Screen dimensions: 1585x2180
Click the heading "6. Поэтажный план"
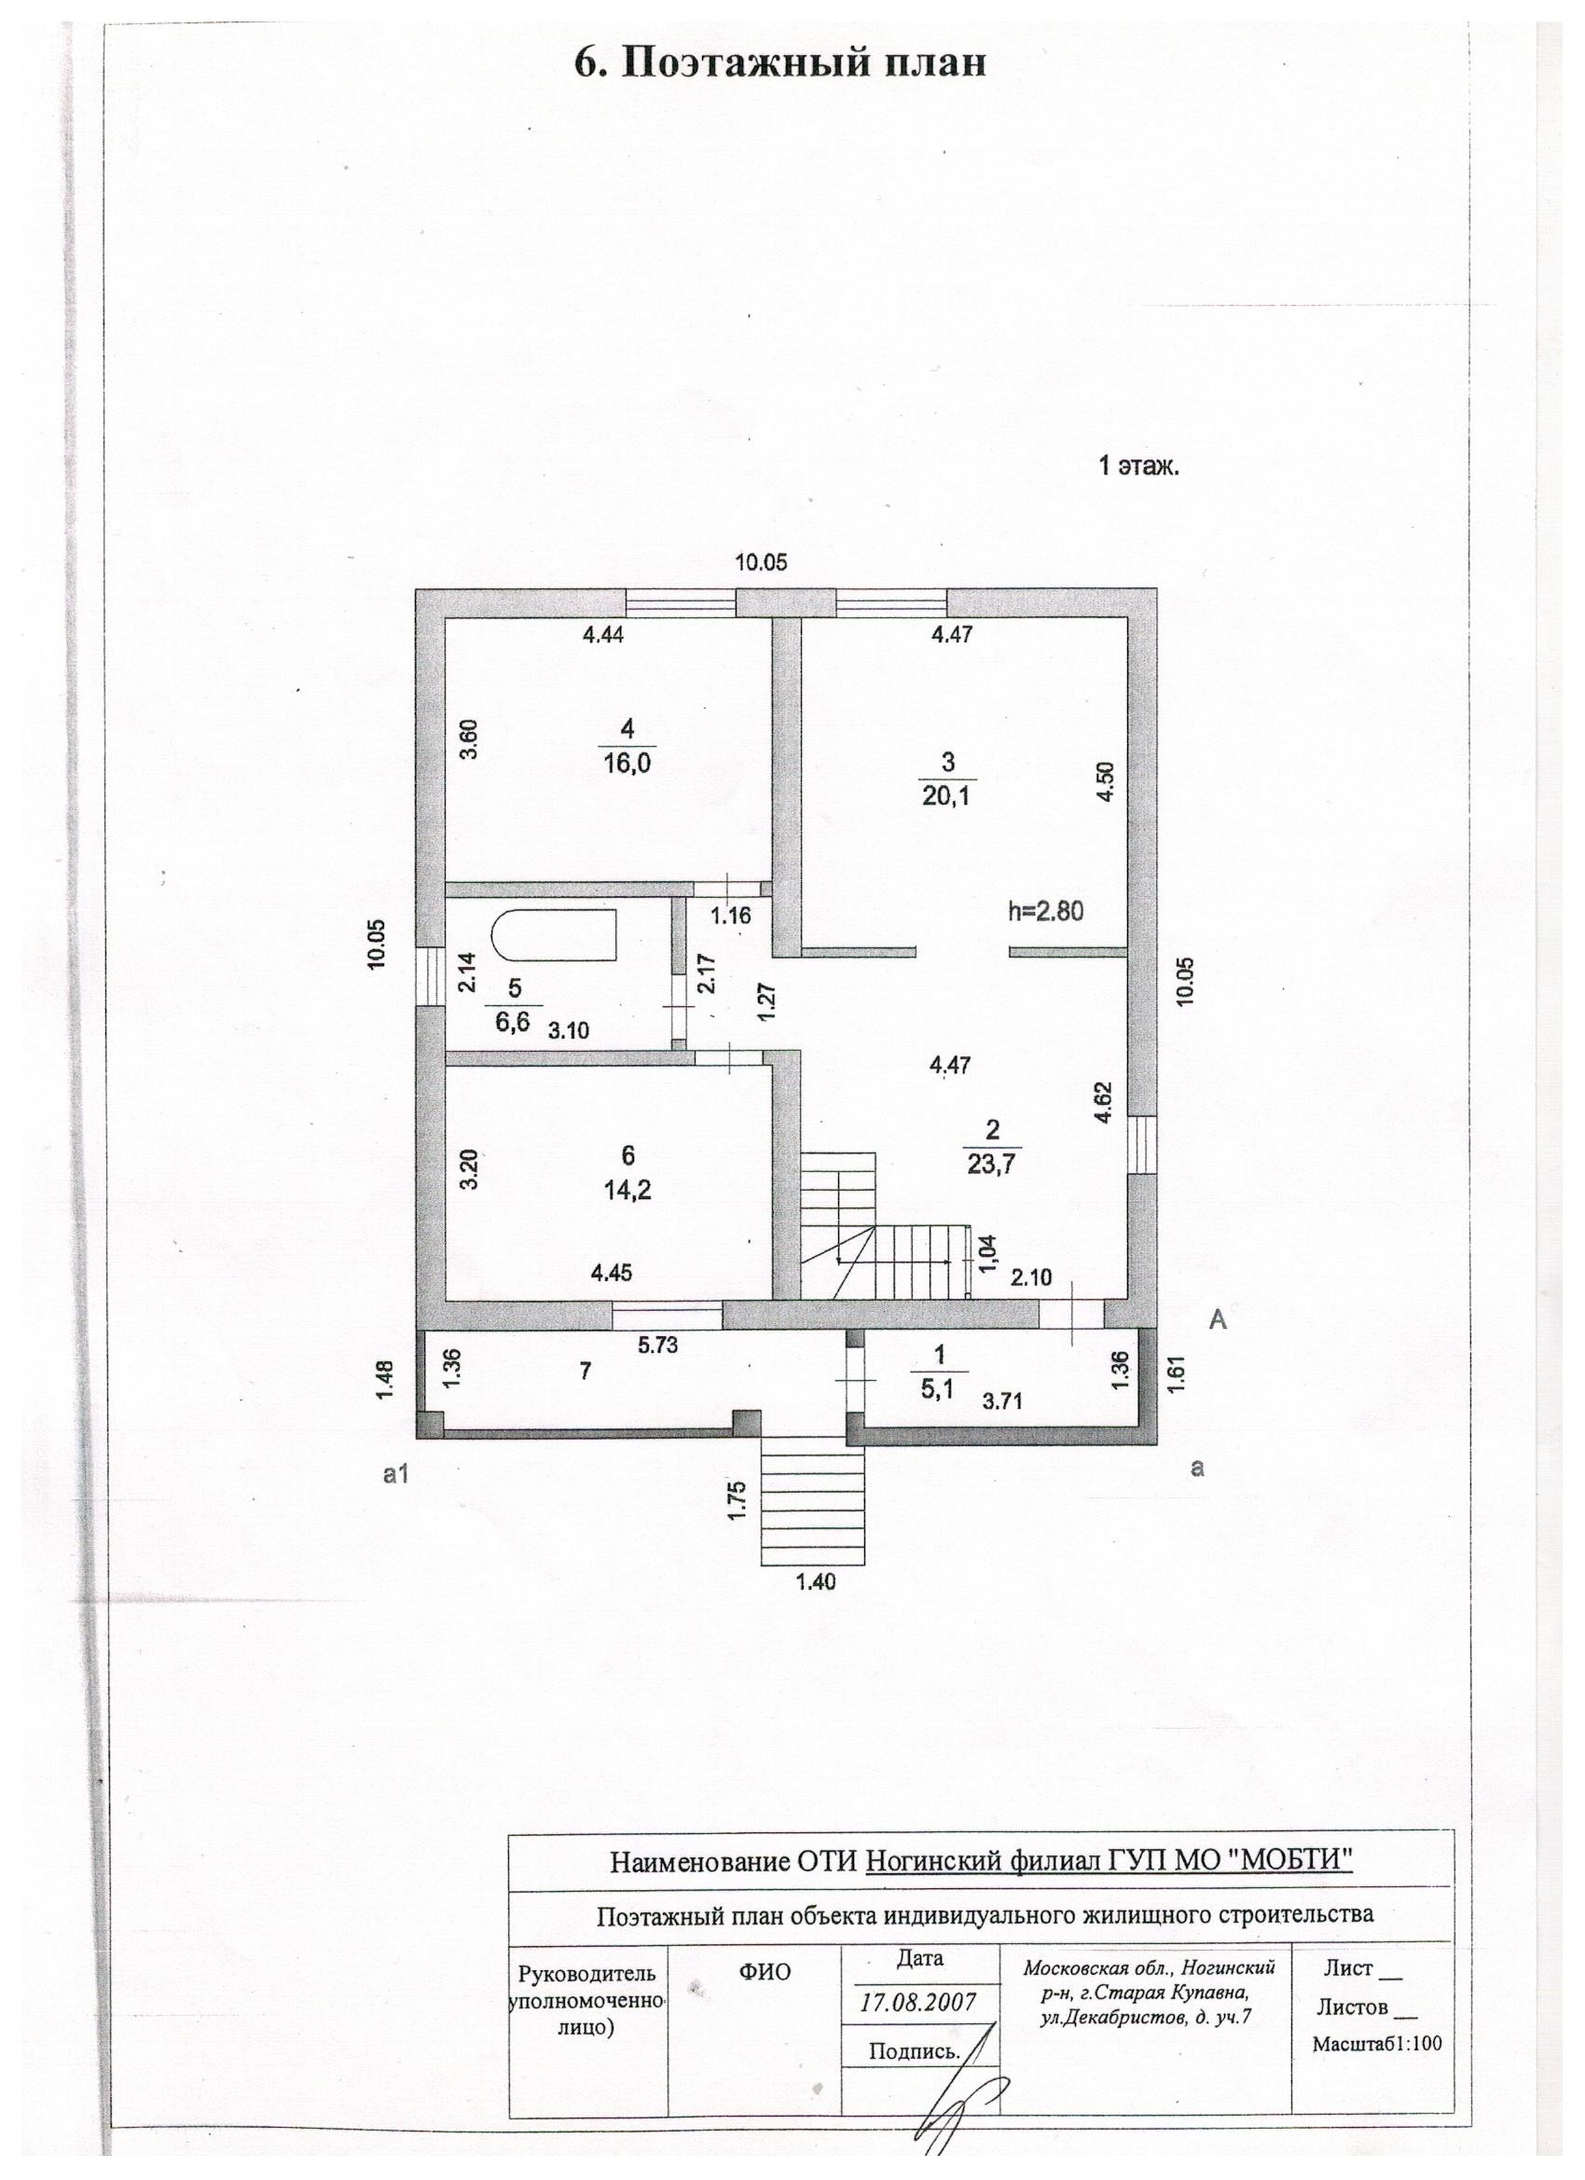pyautogui.click(x=779, y=63)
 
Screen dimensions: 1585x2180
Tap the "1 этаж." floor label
pyautogui.click(x=1138, y=468)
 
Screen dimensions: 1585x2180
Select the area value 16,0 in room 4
pyautogui.click(x=627, y=762)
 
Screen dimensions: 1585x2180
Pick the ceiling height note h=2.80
pyautogui.click(x=1045, y=911)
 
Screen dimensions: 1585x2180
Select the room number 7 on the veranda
pyautogui.click(x=584, y=1372)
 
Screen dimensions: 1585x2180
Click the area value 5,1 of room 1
pyautogui.click(x=939, y=1387)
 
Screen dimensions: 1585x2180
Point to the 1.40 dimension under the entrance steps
pyautogui.click(x=815, y=1581)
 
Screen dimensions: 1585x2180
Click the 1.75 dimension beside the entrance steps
pyautogui.click(x=737, y=1500)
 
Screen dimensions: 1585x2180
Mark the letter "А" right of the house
pyautogui.click(x=1217, y=1319)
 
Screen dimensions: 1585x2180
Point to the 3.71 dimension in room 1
pyautogui.click(x=1000, y=1401)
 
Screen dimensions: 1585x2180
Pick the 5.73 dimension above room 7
pyautogui.click(x=657, y=1345)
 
